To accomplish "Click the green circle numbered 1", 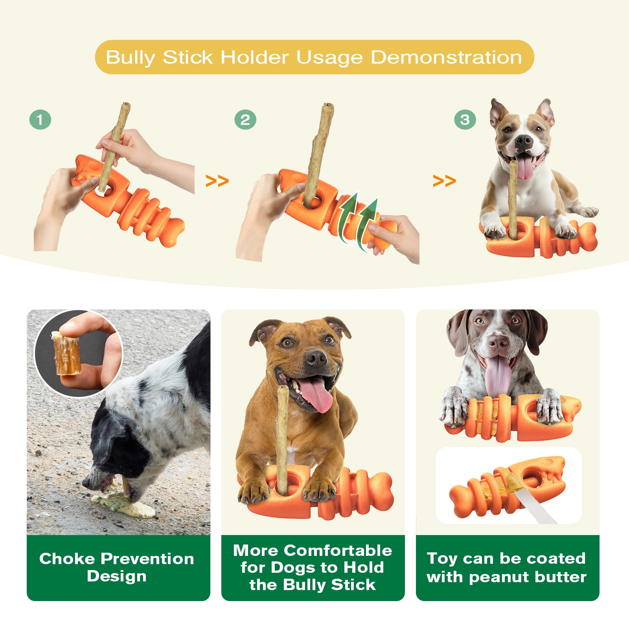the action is click(x=40, y=120).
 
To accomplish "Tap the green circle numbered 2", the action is click(x=245, y=120).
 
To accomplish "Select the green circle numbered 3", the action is click(x=465, y=120).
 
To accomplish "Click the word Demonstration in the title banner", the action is click(x=446, y=57).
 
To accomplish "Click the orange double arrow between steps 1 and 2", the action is click(x=217, y=181).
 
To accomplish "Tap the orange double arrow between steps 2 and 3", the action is click(x=444, y=181).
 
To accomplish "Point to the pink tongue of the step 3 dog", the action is click(x=525, y=167).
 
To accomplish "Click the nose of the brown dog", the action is click(x=316, y=358).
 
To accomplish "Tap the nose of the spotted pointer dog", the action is click(x=498, y=343).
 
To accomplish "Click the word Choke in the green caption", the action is click(x=67, y=559).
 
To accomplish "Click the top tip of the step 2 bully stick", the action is click(x=328, y=105).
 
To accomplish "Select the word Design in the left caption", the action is click(x=117, y=577).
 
